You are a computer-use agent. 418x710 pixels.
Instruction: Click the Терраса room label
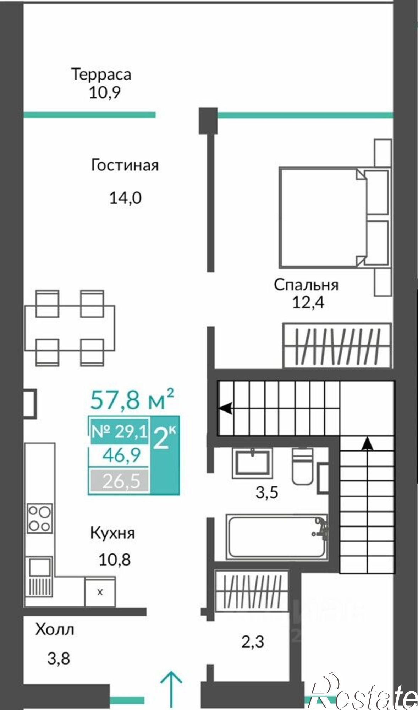click(101, 74)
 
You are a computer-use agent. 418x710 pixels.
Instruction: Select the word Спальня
click(306, 285)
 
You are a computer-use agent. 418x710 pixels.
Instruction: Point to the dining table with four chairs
click(70, 328)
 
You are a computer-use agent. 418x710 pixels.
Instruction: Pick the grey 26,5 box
click(119, 481)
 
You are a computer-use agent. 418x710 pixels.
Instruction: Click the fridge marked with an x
click(100, 592)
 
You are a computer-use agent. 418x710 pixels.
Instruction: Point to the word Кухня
click(112, 533)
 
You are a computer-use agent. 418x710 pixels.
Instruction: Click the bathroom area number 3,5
click(266, 493)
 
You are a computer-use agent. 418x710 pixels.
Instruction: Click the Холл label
click(55, 629)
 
